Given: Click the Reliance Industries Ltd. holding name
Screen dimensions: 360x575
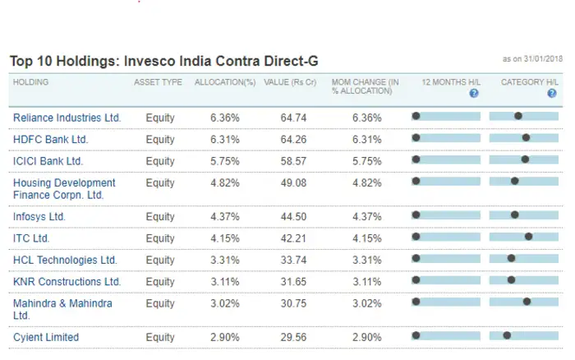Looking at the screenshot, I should click(x=67, y=118).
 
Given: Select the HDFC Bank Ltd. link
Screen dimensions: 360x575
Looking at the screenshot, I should click(x=51, y=140).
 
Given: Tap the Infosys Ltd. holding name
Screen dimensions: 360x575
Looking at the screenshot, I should click(x=39, y=216).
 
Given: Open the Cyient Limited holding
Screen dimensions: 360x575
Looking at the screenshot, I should click(x=46, y=337).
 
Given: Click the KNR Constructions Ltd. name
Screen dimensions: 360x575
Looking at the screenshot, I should click(x=67, y=282).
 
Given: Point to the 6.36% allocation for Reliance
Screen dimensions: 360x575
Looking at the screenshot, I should click(x=225, y=118).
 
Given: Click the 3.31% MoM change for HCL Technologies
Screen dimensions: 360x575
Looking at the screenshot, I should click(x=366, y=260).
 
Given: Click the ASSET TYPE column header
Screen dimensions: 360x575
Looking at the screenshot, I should click(x=158, y=82).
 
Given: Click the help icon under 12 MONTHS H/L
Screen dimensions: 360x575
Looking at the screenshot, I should click(x=473, y=94).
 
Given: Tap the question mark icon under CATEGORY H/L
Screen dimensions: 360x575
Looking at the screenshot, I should click(x=552, y=94).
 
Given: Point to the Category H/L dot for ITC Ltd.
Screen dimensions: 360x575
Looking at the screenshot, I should click(x=528, y=236).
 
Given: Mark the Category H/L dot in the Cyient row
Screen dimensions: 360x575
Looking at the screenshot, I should click(x=507, y=335).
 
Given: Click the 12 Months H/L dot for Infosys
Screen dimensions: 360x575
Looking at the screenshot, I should click(x=416, y=215).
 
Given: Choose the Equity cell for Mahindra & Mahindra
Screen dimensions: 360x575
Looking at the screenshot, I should click(x=160, y=303).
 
